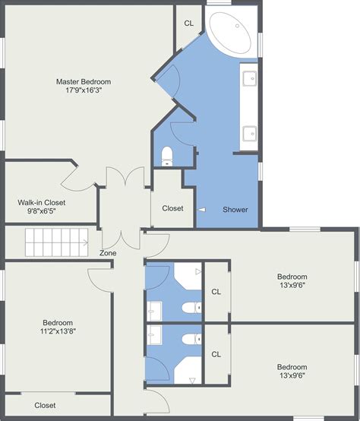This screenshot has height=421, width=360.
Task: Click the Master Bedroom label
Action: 84,81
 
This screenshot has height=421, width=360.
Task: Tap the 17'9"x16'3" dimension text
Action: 84,90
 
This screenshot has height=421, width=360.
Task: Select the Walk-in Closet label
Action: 42,202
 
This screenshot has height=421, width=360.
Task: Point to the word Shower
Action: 235,210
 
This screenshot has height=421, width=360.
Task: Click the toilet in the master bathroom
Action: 168,156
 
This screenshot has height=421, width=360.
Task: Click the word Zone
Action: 108,252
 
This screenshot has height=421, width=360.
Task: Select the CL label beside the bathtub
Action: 189,24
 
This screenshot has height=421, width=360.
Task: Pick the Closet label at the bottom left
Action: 45,405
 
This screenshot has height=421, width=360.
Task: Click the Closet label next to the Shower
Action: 172,207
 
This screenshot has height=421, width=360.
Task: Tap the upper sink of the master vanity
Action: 249,77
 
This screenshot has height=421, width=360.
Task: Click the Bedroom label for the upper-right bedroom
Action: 292,277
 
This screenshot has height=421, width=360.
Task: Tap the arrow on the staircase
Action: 83,243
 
